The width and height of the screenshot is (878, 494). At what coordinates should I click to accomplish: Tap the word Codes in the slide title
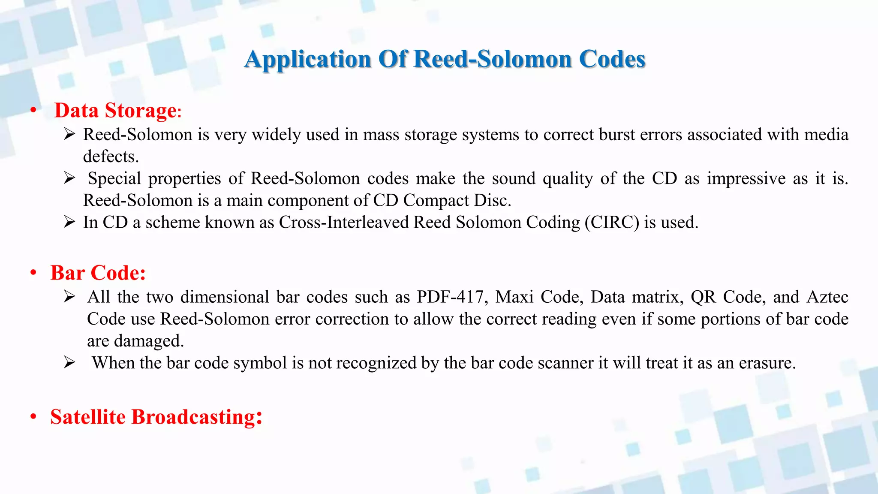(x=612, y=59)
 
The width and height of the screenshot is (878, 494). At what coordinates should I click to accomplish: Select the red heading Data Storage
(x=115, y=111)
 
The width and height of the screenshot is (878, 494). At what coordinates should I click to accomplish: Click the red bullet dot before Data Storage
(x=33, y=111)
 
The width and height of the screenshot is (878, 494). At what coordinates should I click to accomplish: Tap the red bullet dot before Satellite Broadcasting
(x=33, y=417)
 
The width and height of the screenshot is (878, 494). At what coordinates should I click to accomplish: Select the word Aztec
(x=827, y=297)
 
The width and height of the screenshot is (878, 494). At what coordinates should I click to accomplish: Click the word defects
(x=111, y=157)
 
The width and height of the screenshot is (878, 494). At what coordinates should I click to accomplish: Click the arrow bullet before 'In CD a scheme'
(x=69, y=222)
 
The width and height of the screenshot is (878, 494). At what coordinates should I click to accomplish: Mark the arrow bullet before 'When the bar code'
(x=69, y=363)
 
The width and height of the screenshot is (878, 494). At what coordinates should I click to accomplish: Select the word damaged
(x=149, y=341)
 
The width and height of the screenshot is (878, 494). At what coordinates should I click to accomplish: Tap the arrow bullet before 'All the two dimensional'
(x=69, y=297)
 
